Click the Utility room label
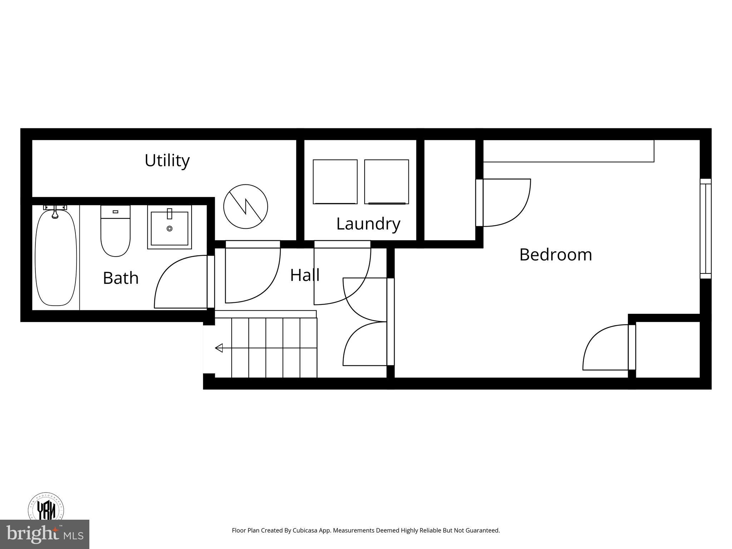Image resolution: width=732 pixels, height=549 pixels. [x=167, y=160]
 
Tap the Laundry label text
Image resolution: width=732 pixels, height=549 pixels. [x=368, y=224]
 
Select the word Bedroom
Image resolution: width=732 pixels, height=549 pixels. [x=555, y=255]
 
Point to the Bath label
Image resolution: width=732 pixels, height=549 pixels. [x=120, y=278]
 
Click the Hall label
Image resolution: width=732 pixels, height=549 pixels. [x=305, y=275]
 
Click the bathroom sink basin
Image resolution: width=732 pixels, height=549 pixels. [x=169, y=228]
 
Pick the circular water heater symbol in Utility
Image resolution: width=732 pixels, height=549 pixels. [x=246, y=207]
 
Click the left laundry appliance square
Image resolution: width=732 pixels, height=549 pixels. [x=335, y=182]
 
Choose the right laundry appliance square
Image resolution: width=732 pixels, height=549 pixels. [x=386, y=182]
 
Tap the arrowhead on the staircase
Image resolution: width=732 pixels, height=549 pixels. [x=219, y=348]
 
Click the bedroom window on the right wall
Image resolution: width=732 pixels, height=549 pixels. [x=705, y=229]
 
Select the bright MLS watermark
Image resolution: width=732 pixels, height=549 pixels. [x=45, y=534]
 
